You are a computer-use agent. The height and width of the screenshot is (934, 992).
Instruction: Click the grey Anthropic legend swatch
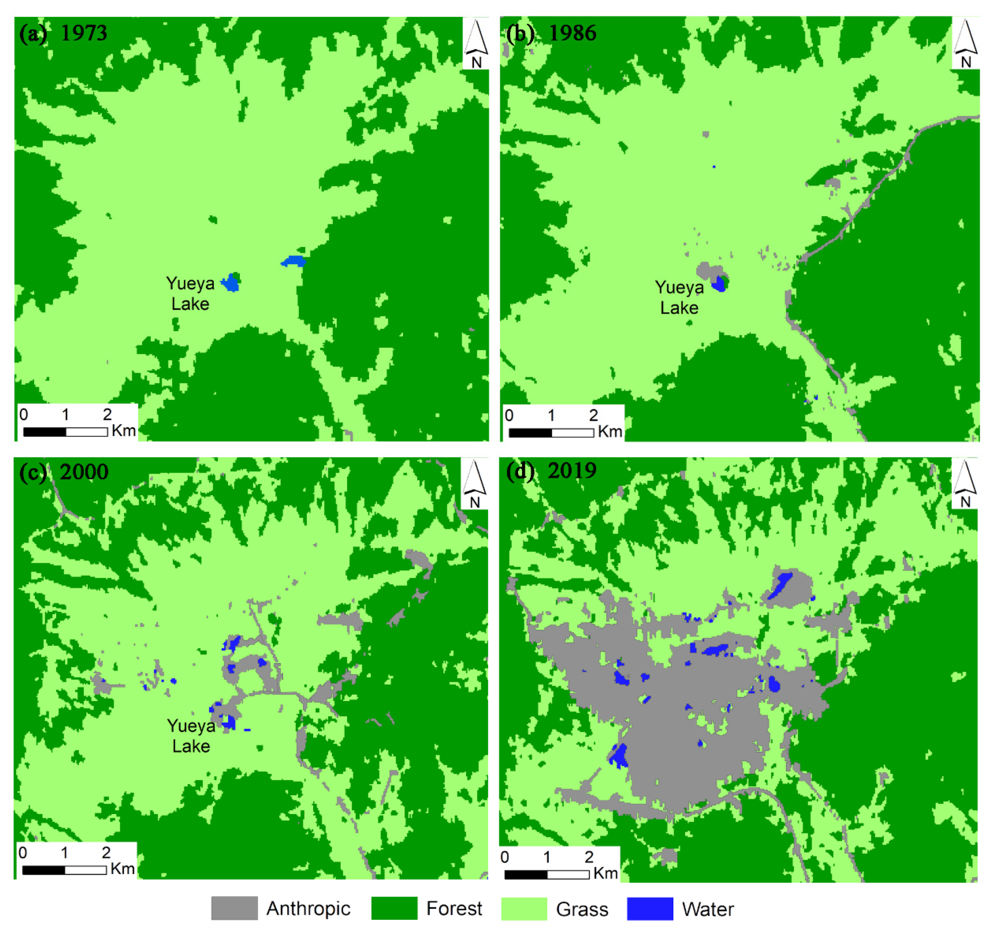[x=234, y=908]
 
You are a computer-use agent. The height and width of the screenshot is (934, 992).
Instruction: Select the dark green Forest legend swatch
[x=394, y=908]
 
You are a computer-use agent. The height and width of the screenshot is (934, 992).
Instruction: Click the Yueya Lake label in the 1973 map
[x=190, y=293]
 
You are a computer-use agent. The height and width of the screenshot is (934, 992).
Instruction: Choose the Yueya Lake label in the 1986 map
[x=679, y=297]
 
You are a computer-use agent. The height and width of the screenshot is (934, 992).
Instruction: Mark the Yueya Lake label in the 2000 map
[x=191, y=736]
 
